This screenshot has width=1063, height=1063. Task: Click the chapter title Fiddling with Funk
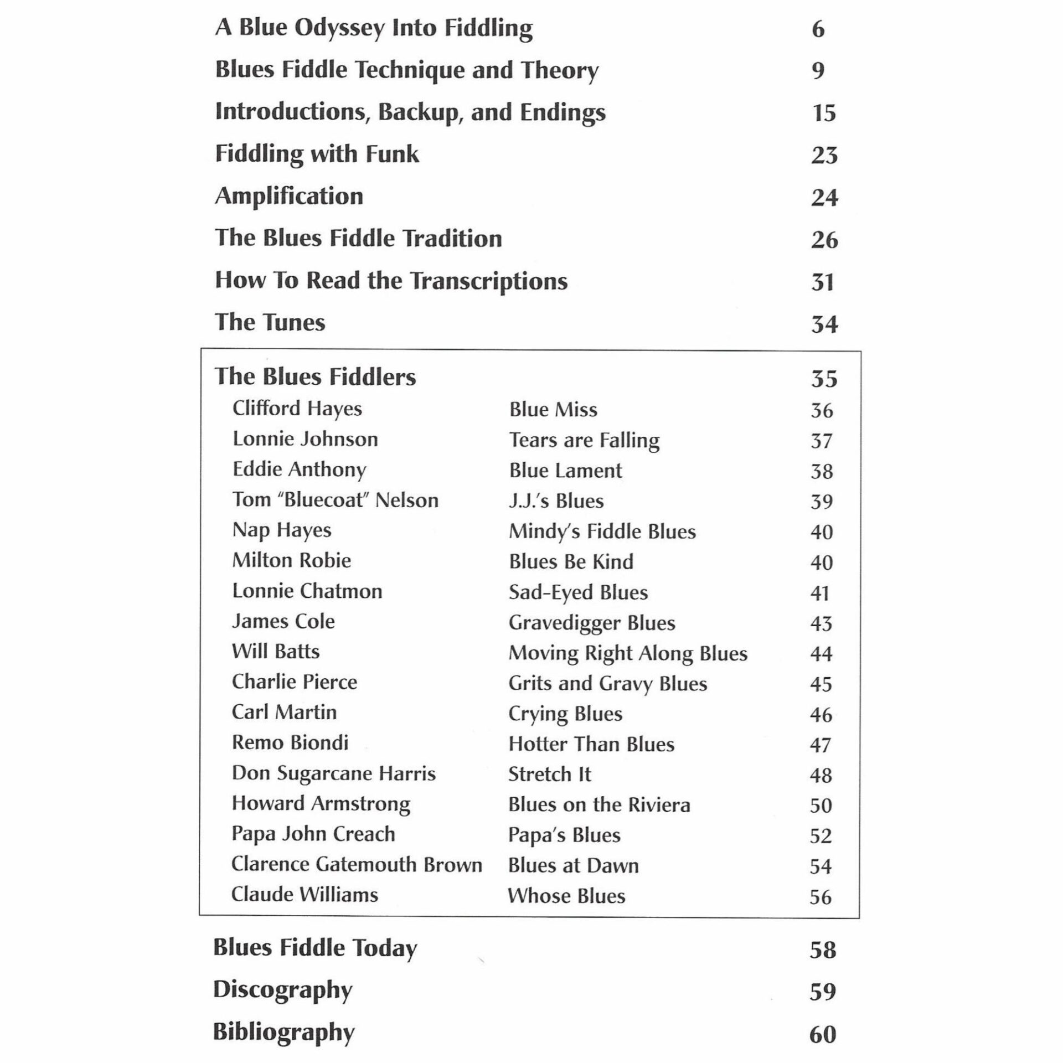(x=317, y=154)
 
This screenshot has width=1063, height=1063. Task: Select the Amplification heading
(x=288, y=197)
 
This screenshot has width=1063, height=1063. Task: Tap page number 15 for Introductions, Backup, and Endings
(x=823, y=113)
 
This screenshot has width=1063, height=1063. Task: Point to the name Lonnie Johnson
(x=305, y=439)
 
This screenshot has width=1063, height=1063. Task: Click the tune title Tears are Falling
(x=584, y=440)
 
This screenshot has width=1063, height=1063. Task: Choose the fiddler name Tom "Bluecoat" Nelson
(x=335, y=500)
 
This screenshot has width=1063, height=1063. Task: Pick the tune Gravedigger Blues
(x=592, y=623)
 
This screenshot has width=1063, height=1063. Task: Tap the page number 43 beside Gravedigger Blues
(x=821, y=623)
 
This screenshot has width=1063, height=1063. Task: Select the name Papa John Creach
(x=313, y=834)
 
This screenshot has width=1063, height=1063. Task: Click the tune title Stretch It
(x=549, y=774)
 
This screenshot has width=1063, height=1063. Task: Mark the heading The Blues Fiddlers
(x=315, y=377)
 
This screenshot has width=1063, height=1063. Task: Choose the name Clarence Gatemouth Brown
(x=357, y=864)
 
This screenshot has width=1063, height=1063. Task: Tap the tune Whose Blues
(x=566, y=896)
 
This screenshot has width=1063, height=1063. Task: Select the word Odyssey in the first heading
(x=339, y=28)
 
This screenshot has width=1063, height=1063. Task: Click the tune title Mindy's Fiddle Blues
(x=602, y=531)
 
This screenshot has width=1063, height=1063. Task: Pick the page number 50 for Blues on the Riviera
(x=821, y=806)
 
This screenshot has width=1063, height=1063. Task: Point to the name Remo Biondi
(x=290, y=742)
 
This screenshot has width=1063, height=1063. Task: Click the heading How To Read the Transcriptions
(x=391, y=281)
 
